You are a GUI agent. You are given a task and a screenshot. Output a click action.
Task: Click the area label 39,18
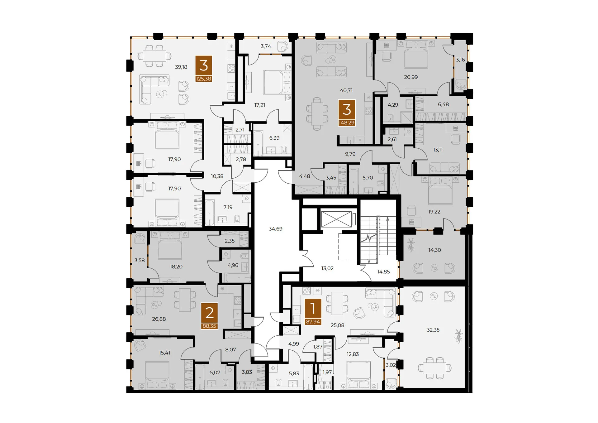(x=181, y=67)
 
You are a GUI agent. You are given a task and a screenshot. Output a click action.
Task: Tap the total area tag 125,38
(x=203, y=79)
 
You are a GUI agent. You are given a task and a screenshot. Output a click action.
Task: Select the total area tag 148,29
(x=346, y=123)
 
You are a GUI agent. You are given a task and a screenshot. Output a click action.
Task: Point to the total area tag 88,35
(x=209, y=326)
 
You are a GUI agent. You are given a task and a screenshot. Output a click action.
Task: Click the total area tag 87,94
(x=313, y=322)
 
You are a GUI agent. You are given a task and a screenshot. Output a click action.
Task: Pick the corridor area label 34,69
(x=275, y=229)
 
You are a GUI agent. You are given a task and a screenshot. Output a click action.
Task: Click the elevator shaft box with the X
(x=336, y=219)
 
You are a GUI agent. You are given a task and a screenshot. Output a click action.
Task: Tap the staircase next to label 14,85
(x=378, y=240)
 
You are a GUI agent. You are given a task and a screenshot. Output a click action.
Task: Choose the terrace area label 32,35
(x=433, y=330)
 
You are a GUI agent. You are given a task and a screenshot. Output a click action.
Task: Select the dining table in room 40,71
(x=317, y=114)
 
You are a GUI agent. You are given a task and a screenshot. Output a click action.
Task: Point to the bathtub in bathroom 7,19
(x=209, y=213)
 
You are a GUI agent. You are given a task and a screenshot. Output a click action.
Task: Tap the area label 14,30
(x=434, y=250)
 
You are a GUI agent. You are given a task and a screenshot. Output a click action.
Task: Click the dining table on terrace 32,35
(x=435, y=368)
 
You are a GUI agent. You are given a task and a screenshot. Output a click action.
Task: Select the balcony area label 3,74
(x=266, y=46)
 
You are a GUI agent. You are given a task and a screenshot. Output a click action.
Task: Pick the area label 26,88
(x=159, y=319)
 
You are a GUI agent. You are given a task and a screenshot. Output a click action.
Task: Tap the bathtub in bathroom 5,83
(x=308, y=377)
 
